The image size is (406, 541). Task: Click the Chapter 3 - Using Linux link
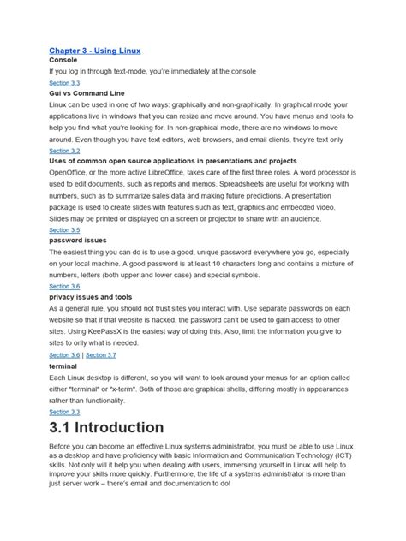(x=95, y=51)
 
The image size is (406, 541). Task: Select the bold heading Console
(x=64, y=61)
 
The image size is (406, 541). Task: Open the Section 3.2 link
(x=64, y=150)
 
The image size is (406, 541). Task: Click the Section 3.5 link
(x=64, y=230)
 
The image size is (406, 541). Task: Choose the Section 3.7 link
(x=102, y=354)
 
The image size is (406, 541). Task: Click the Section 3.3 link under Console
(x=64, y=82)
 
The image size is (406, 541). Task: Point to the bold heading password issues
(x=78, y=241)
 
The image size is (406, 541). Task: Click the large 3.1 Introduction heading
(x=106, y=427)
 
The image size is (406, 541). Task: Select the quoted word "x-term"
(x=141, y=388)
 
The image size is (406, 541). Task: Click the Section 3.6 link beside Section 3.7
(x=64, y=354)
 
